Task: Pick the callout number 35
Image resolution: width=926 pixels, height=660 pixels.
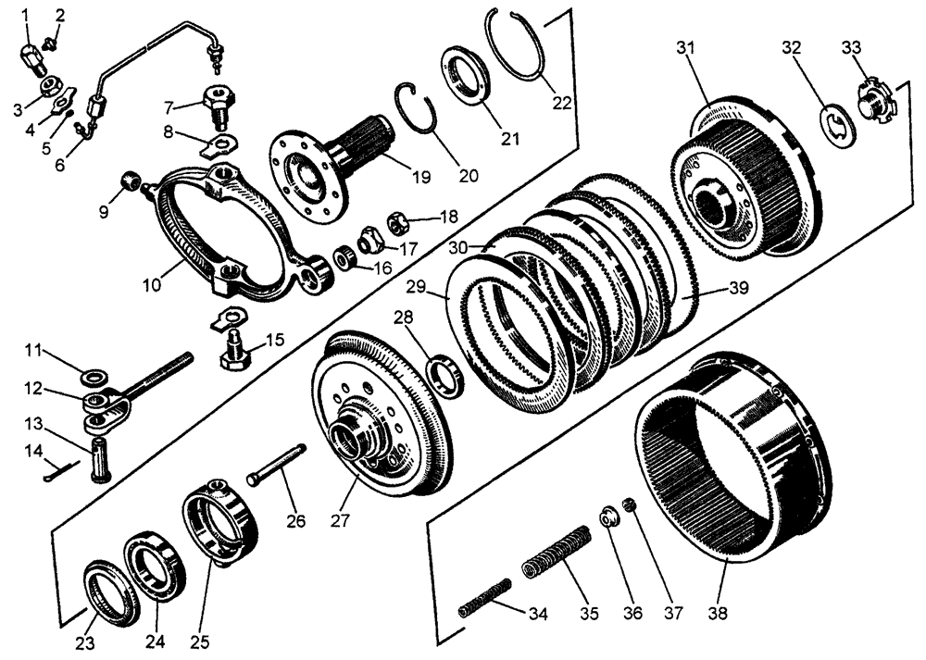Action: [x=588, y=612]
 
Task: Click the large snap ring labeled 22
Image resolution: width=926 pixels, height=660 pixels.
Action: [x=519, y=46]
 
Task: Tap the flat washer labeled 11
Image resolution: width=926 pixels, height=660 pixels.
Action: [x=93, y=378]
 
